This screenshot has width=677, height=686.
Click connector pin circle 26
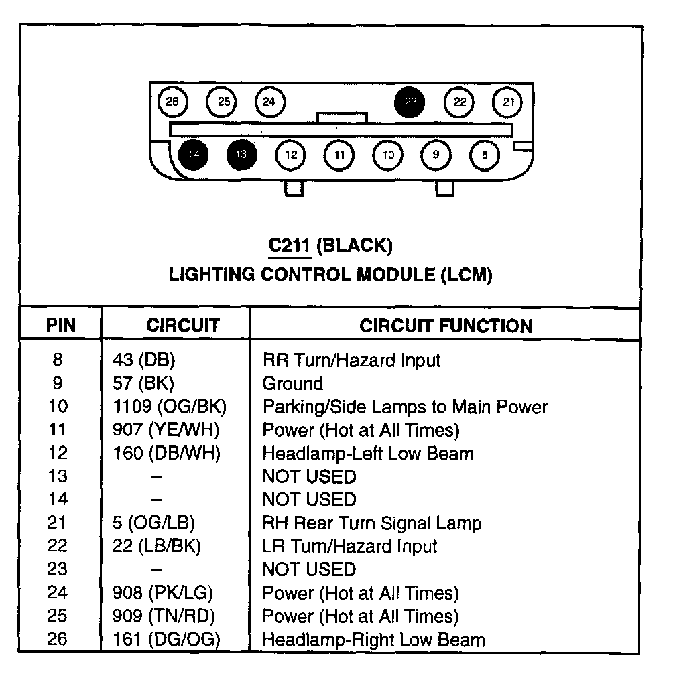tap(172, 102)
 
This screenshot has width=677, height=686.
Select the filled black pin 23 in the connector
tap(410, 102)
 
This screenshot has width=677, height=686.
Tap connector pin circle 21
tap(508, 102)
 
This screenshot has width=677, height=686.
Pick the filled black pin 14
tap(194, 155)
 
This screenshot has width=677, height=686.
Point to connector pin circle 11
tap(339, 155)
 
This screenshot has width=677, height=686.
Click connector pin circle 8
tap(484, 155)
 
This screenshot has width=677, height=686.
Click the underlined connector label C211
tap(290, 245)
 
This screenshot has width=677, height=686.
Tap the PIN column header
tap(60, 326)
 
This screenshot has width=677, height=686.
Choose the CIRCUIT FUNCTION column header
tap(446, 326)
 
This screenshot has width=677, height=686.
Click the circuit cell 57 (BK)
tap(143, 383)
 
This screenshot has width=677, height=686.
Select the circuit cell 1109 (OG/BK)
tap(170, 407)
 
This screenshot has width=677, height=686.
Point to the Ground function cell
tap(292, 383)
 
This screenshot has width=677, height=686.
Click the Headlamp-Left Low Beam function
tap(367, 453)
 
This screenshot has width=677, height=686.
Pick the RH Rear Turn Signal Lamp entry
tap(371, 523)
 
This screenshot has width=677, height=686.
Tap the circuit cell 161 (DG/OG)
tap(166, 639)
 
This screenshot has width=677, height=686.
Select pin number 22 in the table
tap(58, 546)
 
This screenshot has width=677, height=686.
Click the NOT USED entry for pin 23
tap(308, 569)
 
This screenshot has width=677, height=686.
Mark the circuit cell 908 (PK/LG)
tap(166, 593)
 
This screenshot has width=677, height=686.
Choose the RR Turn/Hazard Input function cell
tap(351, 360)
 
